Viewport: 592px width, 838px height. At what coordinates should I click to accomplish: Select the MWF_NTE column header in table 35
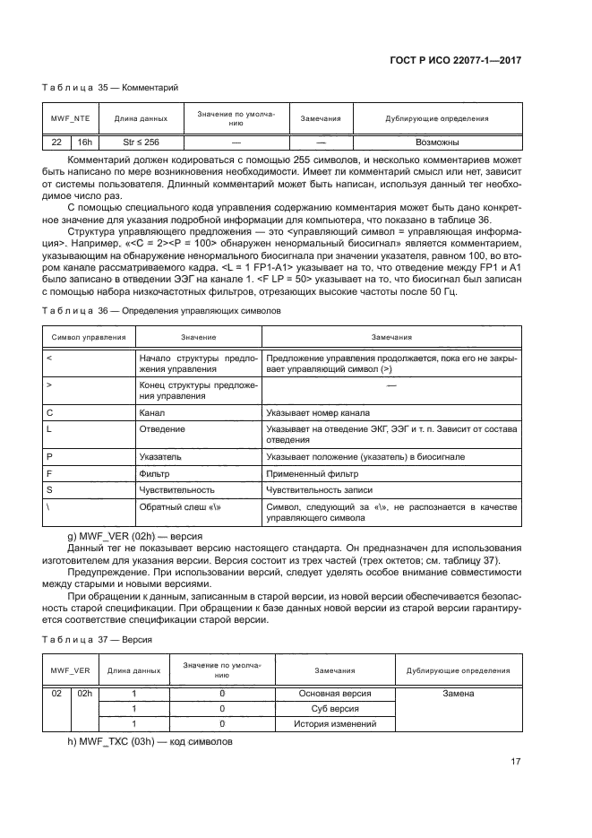click(69, 118)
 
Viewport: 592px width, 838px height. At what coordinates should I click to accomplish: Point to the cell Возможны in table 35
click(437, 143)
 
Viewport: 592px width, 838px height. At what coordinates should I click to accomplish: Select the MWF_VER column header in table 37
click(69, 670)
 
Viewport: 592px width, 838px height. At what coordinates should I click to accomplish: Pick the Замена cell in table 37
click(458, 693)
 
